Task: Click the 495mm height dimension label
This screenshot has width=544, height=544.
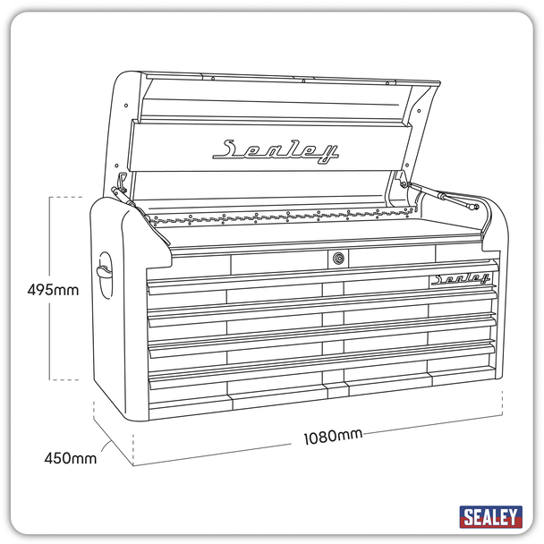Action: [53, 290]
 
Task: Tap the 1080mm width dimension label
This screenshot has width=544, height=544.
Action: [332, 437]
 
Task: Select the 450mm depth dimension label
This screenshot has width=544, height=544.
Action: [71, 459]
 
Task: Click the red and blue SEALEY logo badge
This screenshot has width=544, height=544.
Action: [489, 516]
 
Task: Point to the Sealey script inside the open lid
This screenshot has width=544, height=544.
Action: [276, 150]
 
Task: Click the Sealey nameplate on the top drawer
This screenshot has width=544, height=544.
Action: [461, 279]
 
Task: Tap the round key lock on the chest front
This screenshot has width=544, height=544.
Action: [338, 259]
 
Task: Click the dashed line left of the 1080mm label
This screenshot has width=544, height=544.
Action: [215, 452]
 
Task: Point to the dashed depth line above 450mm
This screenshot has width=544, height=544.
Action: [110, 429]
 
